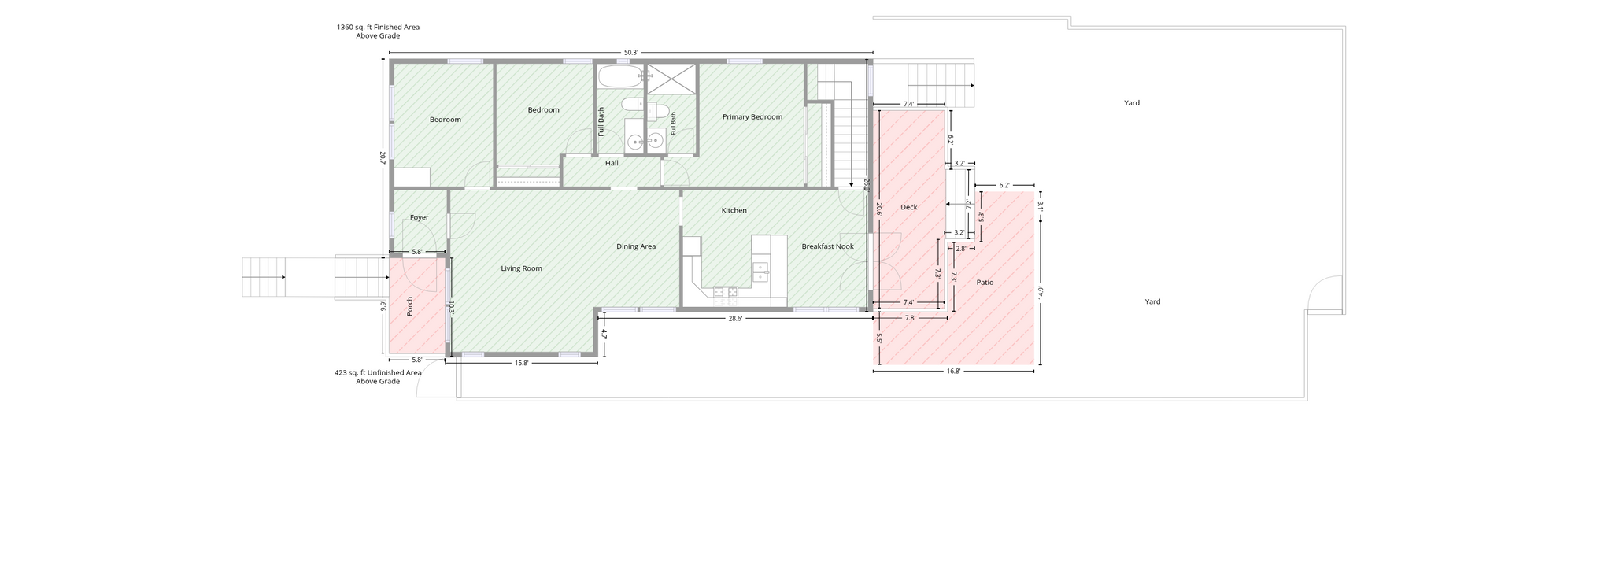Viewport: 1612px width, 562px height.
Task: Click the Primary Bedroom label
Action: pos(752,117)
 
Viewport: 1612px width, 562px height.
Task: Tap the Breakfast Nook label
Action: pos(827,246)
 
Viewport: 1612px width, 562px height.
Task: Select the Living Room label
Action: pos(521,268)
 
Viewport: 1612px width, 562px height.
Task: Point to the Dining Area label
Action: pos(636,246)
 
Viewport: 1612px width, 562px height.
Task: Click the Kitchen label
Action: pos(734,210)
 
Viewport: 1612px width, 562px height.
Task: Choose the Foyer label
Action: pos(419,217)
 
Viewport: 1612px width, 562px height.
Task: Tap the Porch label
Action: pos(409,307)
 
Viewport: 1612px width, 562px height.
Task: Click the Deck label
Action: pos(909,207)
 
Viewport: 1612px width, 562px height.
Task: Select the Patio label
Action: pos(985,282)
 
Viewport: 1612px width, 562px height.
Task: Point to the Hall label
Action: pos(612,163)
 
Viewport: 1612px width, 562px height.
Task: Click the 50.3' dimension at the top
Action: pos(631,53)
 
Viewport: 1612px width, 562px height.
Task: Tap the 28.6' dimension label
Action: pos(735,319)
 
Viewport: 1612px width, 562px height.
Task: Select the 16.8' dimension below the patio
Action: pos(953,371)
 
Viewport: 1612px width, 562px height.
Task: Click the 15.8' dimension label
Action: pos(521,363)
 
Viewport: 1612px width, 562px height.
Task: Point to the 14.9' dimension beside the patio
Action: pos(1041,293)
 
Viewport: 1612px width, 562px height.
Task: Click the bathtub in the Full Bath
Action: pos(621,76)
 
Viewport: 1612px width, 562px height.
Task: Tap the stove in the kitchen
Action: pos(726,292)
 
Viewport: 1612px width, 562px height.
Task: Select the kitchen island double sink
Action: pos(760,272)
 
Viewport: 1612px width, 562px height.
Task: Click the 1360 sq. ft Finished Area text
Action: pos(378,31)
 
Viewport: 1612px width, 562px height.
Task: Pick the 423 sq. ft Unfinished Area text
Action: pos(378,377)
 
